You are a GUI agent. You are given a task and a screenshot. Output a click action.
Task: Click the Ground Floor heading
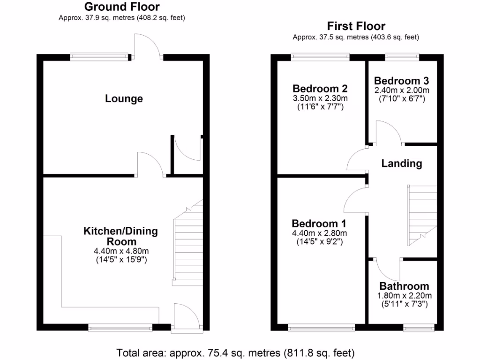121,7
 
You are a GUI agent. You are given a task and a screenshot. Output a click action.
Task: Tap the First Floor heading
356,26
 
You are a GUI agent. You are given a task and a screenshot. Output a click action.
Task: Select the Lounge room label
124,99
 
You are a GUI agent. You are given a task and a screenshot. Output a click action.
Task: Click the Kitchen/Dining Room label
120,236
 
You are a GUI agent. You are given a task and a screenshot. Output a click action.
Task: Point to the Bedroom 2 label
321,89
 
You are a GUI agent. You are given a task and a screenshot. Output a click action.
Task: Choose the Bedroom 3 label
401,80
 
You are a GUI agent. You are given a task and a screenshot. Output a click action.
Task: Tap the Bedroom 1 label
319,224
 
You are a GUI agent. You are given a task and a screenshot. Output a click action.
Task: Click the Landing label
401,164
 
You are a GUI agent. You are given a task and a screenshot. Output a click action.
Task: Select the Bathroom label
404,286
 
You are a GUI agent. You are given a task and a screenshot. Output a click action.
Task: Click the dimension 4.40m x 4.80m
121,251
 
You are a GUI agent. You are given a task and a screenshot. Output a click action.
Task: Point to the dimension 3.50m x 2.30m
321,98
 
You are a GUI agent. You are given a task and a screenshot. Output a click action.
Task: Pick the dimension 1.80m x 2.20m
404,295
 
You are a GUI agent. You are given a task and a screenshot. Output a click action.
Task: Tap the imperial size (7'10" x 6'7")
401,98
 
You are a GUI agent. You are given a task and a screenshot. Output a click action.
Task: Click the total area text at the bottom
235,352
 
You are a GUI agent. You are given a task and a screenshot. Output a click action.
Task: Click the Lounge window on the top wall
99,57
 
